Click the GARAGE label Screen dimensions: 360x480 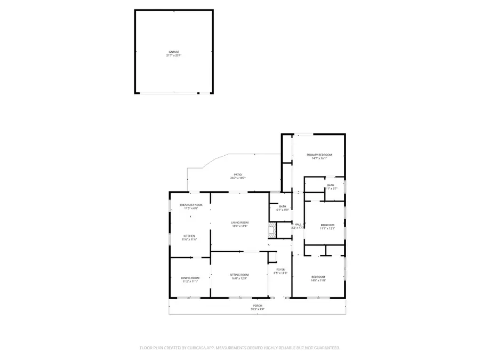pyautogui.click(x=174, y=52)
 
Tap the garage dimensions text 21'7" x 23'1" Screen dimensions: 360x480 pyautogui.click(x=174, y=55)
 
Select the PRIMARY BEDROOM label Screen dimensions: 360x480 pyautogui.click(x=316, y=155)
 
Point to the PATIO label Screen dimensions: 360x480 pyautogui.click(x=238, y=174)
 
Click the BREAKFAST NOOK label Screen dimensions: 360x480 pyautogui.click(x=191, y=205)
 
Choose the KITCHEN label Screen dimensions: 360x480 pyautogui.click(x=189, y=236)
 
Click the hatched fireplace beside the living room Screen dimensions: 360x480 pyautogui.click(x=272, y=230)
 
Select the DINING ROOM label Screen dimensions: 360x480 pyautogui.click(x=190, y=278)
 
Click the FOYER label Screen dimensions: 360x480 pyautogui.click(x=281, y=269)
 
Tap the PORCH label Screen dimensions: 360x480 pyautogui.click(x=258, y=306)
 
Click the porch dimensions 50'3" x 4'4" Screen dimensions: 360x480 pyautogui.click(x=258, y=309)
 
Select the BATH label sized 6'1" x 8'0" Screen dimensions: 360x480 pyautogui.click(x=283, y=206)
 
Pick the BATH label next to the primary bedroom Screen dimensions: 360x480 pyautogui.click(x=331, y=185)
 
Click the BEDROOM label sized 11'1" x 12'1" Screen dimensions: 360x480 pyautogui.click(x=327, y=225)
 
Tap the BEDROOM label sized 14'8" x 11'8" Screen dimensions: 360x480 pyautogui.click(x=318, y=277)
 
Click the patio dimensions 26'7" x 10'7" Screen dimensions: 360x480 pyautogui.click(x=238, y=178)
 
